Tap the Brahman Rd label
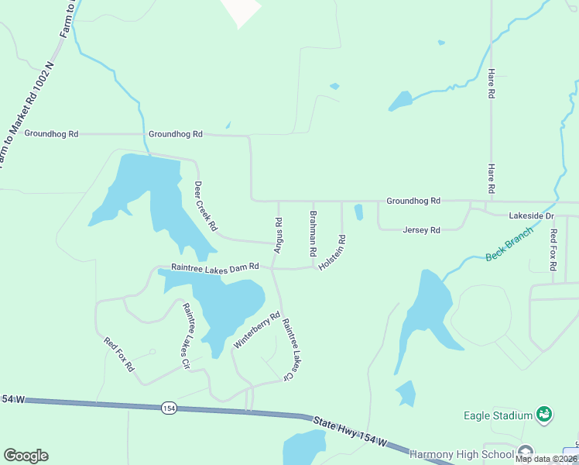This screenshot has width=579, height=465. tap(313, 234)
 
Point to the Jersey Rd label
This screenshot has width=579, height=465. tap(421, 230)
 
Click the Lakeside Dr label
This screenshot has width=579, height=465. tap(532, 215)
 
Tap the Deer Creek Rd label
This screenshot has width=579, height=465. tap(205, 206)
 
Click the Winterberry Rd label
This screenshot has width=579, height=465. tap(256, 329)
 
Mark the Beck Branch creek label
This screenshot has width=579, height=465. tap(509, 243)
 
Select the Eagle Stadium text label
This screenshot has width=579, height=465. tap(498, 415)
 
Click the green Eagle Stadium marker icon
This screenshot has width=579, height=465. tap(544, 415)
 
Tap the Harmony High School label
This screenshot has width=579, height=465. tap(461, 454)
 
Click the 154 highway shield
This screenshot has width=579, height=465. tap(168, 408)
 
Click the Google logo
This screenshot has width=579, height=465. tap(26, 456)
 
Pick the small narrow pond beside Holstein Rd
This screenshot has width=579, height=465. tap(358, 212)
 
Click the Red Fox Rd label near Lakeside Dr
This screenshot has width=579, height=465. tap(553, 250)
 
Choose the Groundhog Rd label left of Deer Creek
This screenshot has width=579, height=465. tap(51, 133)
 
